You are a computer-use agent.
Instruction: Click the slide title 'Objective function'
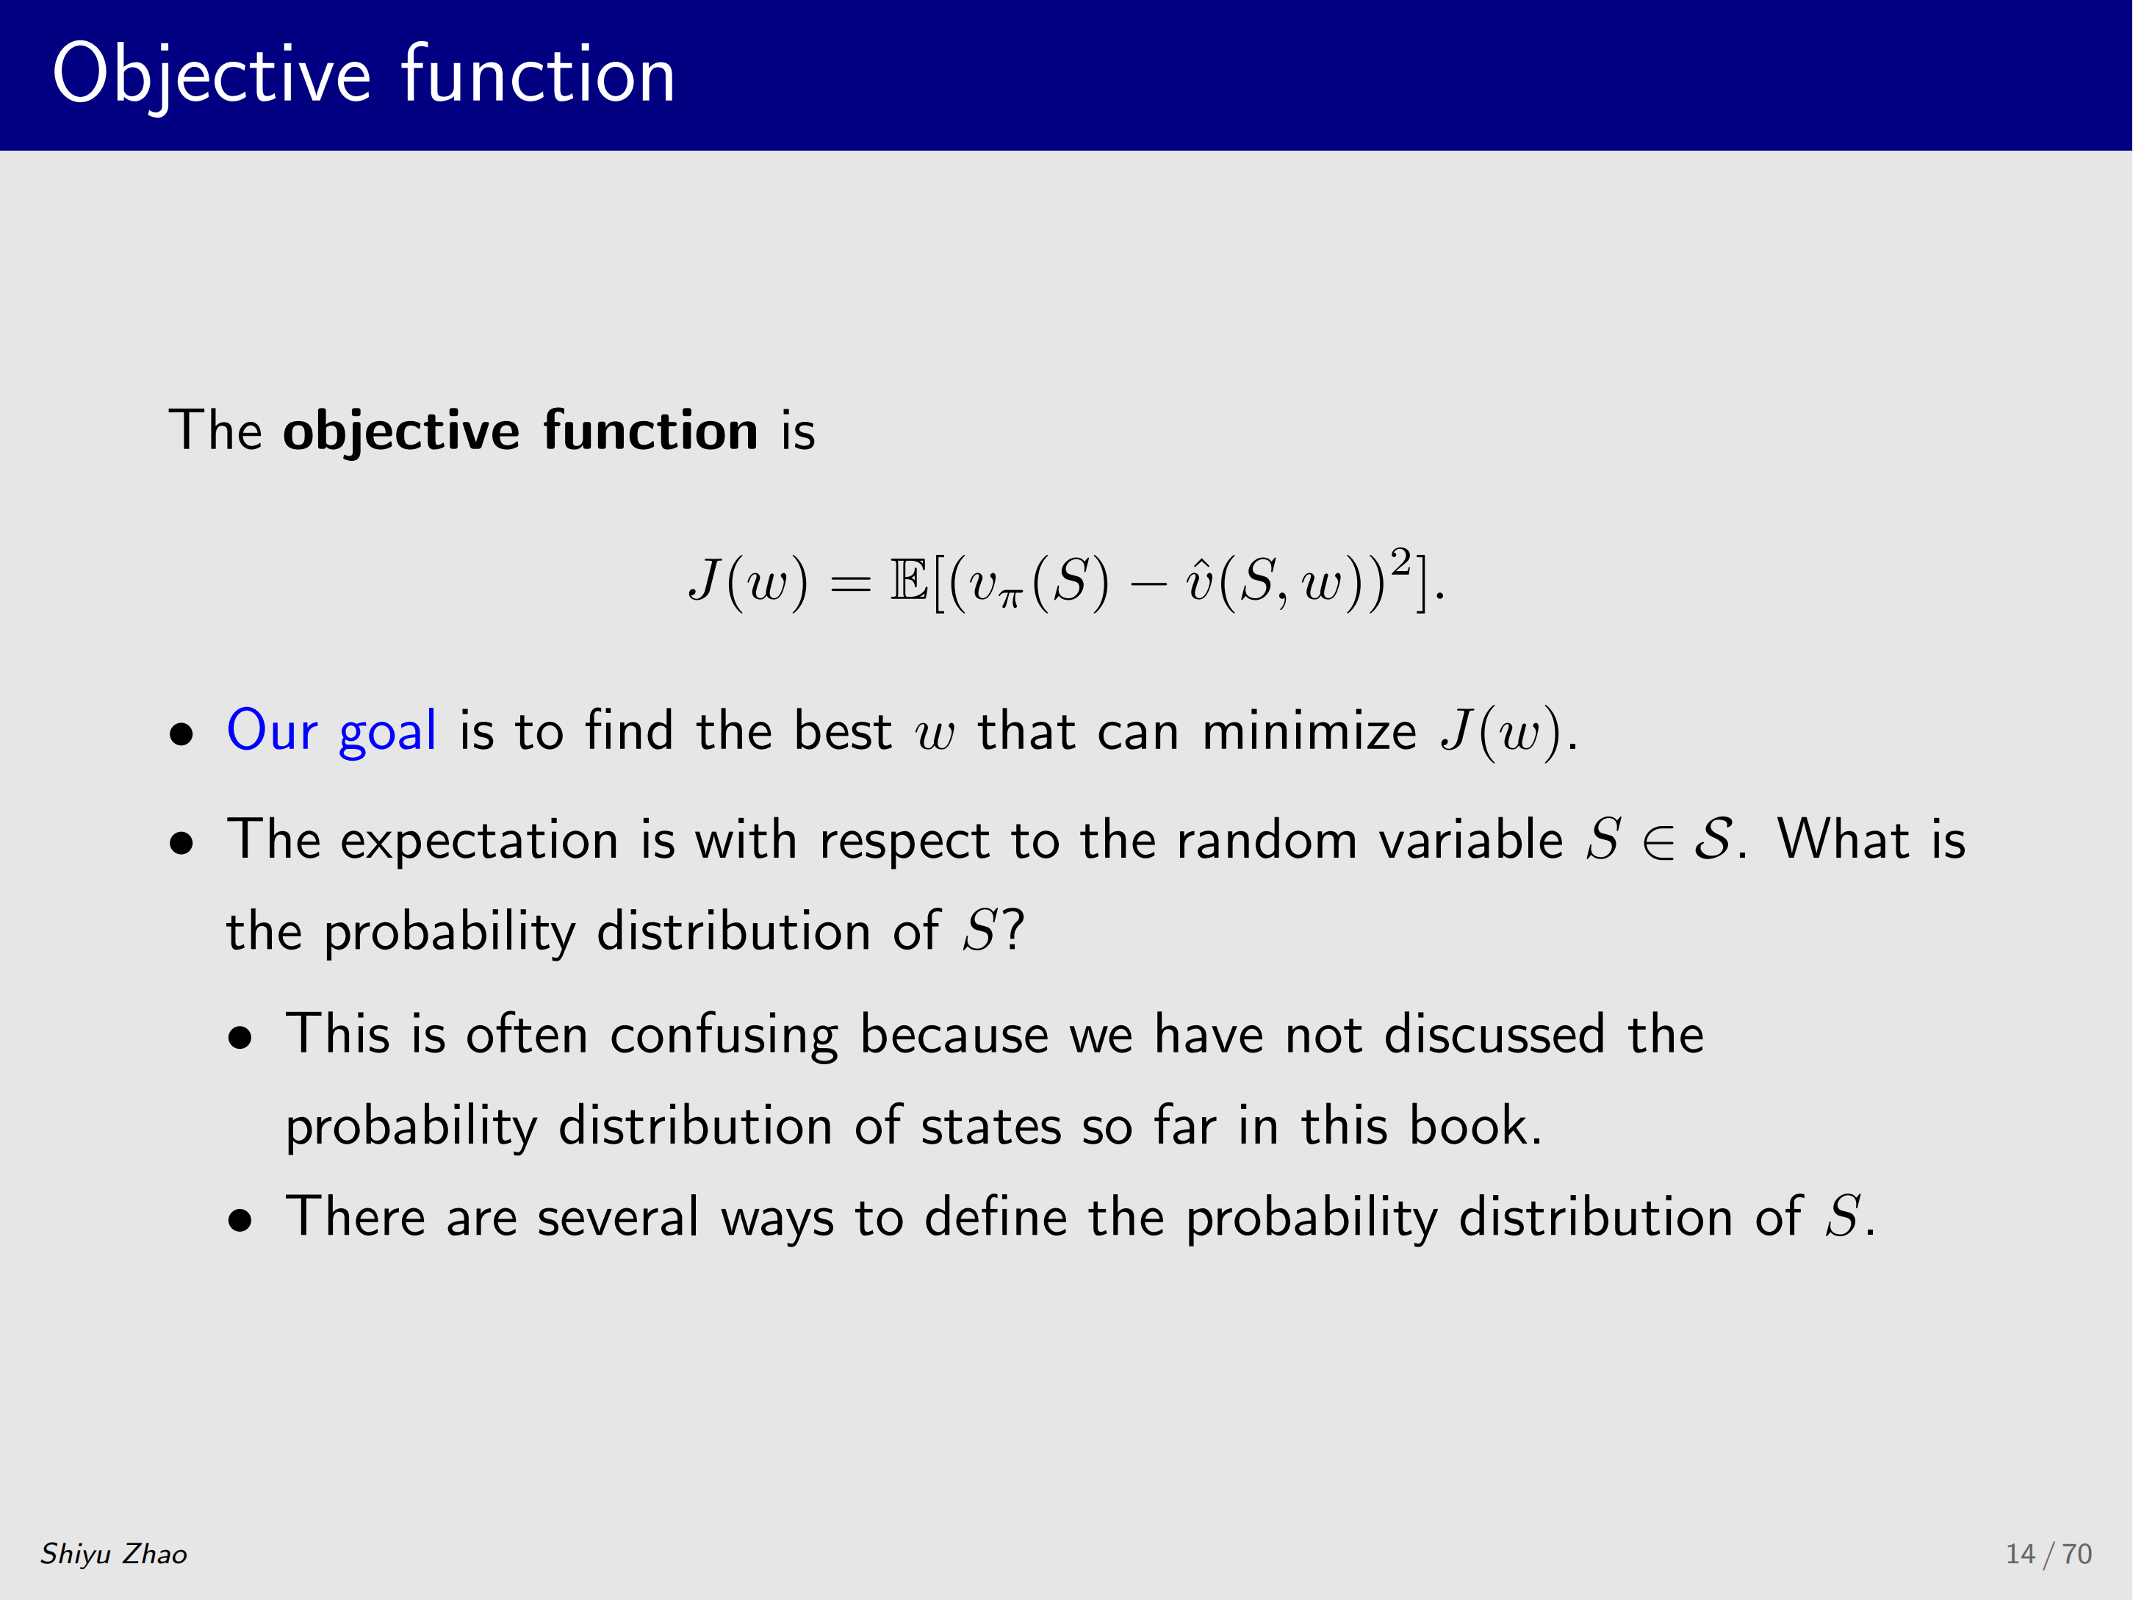(x=364, y=75)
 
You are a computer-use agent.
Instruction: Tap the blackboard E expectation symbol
(x=908, y=580)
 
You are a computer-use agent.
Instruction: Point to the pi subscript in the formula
(x=1009, y=599)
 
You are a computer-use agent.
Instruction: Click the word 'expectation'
(x=479, y=840)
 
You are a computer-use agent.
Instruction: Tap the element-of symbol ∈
(x=1658, y=841)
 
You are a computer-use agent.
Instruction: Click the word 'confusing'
(x=723, y=1036)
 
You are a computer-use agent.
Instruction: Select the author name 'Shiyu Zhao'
(x=114, y=1554)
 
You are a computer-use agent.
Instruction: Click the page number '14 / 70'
(x=2049, y=1554)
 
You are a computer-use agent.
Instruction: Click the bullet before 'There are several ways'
(x=240, y=1221)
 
